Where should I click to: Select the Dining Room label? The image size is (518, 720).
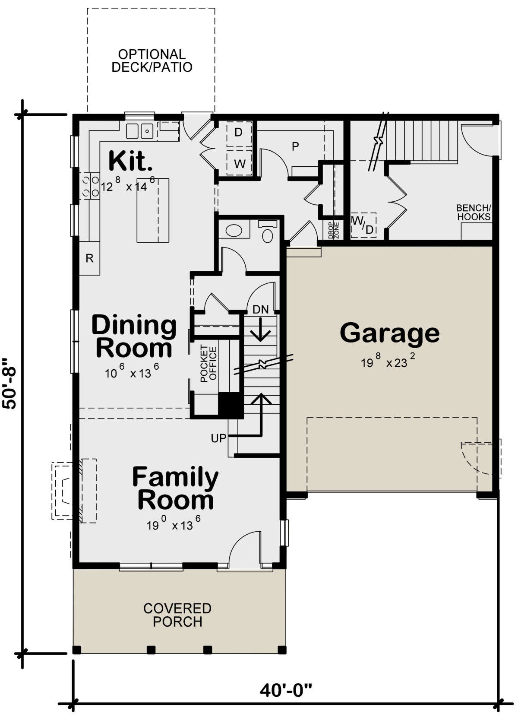coord(134,336)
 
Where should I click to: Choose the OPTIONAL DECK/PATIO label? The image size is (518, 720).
coord(152,61)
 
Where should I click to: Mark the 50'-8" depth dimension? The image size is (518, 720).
coord(9,384)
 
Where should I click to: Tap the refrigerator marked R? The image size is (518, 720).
coord(90,258)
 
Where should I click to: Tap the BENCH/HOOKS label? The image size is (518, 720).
coord(474,213)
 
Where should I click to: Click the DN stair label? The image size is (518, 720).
coord(260,310)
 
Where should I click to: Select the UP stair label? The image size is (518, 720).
coord(218,438)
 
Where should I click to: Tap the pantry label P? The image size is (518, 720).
coord(295,146)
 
